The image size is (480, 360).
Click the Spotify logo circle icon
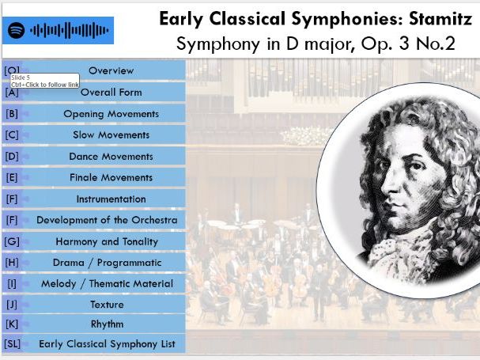pos(16,31)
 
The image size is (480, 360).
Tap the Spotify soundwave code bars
pos(69,31)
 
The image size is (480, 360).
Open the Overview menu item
pos(111,70)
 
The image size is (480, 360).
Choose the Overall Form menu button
pos(111,92)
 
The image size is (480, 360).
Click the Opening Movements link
pos(111,113)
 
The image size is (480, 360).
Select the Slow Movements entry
pos(111,135)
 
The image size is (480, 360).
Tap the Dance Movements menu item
pos(111,156)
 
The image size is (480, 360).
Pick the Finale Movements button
pos(111,177)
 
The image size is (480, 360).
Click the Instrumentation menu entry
pos(111,199)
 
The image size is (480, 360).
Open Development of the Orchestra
pos(107,220)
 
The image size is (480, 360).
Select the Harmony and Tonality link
pos(107,241)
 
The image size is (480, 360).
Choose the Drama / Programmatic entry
pos(107,262)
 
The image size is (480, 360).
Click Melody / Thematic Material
pos(107,283)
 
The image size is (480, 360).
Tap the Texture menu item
pos(107,304)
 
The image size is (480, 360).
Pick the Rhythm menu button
pos(107,324)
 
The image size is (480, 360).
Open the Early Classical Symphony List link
pos(107,344)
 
